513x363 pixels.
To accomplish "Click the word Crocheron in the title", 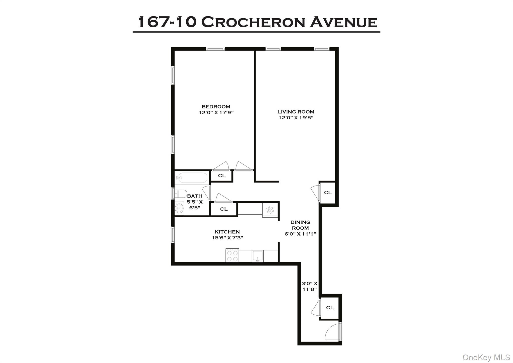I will pyautogui.click(x=253, y=22).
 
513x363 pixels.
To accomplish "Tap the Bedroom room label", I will pyautogui.click(x=216, y=107).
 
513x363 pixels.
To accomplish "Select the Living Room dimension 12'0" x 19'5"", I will pyautogui.click(x=296, y=118).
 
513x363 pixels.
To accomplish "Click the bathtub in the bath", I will pyautogui.click(x=192, y=178).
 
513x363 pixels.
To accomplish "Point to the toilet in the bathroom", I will pyautogui.click(x=180, y=194).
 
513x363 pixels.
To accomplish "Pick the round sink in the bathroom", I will pyautogui.click(x=179, y=208).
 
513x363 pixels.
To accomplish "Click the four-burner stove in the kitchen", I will pyautogui.click(x=232, y=255).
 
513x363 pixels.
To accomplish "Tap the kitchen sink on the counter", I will pyautogui.click(x=258, y=256).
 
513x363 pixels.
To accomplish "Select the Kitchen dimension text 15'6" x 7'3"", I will pyautogui.click(x=227, y=238).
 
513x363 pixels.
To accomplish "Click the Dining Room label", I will pyautogui.click(x=300, y=225).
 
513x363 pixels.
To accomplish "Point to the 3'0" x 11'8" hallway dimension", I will pyautogui.click(x=309, y=286).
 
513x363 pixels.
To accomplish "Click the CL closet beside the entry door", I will pyautogui.click(x=330, y=308).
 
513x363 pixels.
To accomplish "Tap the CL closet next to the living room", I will pyautogui.click(x=328, y=193).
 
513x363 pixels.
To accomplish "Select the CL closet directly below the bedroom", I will pyautogui.click(x=222, y=175).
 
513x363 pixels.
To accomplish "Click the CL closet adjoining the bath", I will pyautogui.click(x=223, y=209).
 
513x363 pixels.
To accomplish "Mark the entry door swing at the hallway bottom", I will pyautogui.click(x=332, y=332).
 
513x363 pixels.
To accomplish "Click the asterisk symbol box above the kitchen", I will pyautogui.click(x=270, y=210).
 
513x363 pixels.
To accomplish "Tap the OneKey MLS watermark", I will pyautogui.click(x=486, y=357).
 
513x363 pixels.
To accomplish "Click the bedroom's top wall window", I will pyautogui.click(x=215, y=49).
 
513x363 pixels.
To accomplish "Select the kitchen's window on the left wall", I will pyautogui.click(x=173, y=235).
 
